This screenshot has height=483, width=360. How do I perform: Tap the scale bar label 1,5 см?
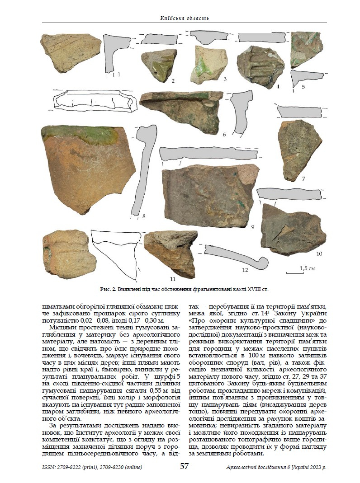click(x=308, y=268)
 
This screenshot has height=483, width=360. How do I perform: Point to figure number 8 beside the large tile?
click(x=143, y=216)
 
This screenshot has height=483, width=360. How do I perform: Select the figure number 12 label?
click(x=245, y=270)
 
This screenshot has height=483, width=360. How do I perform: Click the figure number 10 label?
click(x=319, y=254)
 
